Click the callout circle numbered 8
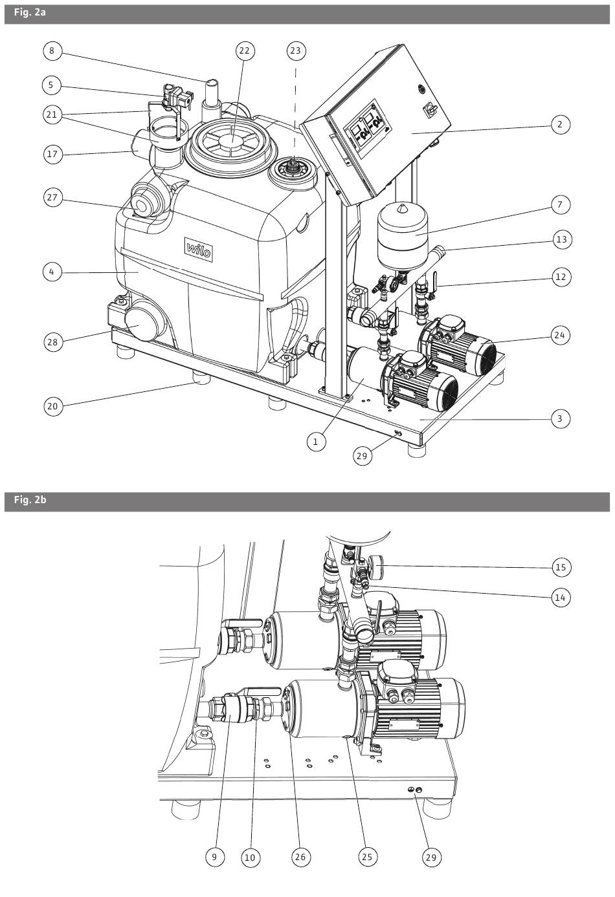pyautogui.click(x=52, y=51)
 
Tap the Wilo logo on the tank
pyautogui.click(x=199, y=250)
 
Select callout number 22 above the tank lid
pyautogui.click(x=245, y=51)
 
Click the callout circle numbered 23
pyautogui.click(x=296, y=51)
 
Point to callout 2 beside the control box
pyautogui.click(x=560, y=125)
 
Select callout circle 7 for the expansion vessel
pyautogui.click(x=560, y=204)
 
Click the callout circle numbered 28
pyautogui.click(x=53, y=342)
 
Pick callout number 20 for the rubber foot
pyautogui.click(x=53, y=406)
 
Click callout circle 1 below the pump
pyautogui.click(x=316, y=442)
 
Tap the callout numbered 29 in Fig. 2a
pyautogui.click(x=362, y=456)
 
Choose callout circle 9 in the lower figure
pyautogui.click(x=214, y=858)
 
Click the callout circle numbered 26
pyautogui.click(x=300, y=858)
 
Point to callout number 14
pyautogui.click(x=561, y=598)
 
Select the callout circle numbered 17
pyautogui.click(x=53, y=154)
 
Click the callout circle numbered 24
pyautogui.click(x=560, y=335)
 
